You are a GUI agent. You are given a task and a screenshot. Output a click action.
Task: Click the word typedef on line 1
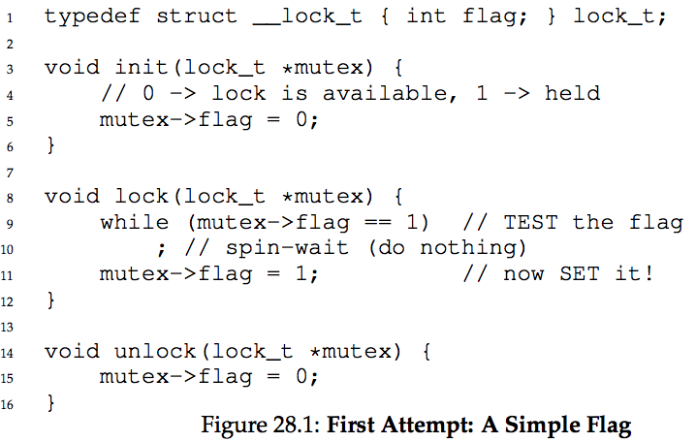coord(86,16)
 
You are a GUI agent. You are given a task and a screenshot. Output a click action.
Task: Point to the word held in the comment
coord(572,94)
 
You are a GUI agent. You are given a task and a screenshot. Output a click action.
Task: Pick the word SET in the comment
coord(579,274)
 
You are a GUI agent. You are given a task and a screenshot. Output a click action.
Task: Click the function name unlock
coord(155,351)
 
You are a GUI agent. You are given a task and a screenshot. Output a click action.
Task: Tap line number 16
coord(9,403)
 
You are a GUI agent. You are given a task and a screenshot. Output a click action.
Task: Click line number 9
coord(9,224)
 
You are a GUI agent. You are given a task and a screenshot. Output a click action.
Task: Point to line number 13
coord(9,327)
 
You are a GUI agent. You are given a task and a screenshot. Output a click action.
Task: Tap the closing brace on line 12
coord(50,300)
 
